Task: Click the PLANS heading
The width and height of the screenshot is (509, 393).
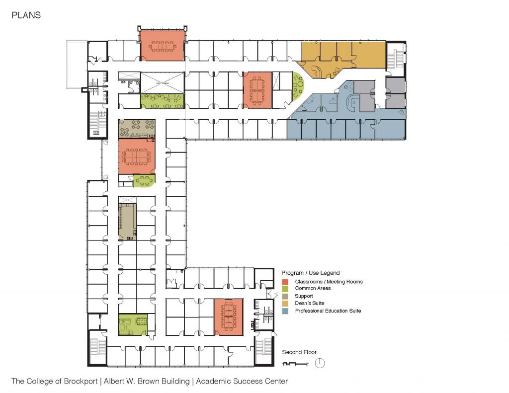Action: (26, 15)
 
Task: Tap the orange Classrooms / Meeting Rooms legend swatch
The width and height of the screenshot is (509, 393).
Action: (285, 282)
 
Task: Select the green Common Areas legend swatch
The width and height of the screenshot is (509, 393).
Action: (285, 289)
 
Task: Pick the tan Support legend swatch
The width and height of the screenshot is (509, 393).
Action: (285, 296)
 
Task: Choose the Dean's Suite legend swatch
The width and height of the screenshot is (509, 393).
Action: (285, 304)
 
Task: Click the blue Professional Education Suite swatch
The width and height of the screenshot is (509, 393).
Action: (285, 311)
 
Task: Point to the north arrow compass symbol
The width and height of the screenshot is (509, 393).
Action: (320, 363)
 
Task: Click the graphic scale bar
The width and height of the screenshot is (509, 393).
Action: (295, 364)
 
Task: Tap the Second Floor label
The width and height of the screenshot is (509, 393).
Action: (299, 352)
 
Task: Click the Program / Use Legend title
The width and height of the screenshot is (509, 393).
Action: (310, 273)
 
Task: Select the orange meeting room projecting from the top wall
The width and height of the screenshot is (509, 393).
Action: (162, 45)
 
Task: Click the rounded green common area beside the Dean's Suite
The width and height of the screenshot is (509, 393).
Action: (298, 85)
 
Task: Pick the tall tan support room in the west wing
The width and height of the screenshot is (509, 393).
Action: (127, 222)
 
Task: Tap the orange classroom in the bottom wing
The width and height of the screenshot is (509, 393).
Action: (229, 317)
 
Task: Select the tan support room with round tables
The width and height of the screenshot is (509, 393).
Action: (137, 129)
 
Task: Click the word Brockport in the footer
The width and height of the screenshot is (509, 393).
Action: (81, 381)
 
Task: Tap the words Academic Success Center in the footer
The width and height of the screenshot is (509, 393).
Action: (242, 381)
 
